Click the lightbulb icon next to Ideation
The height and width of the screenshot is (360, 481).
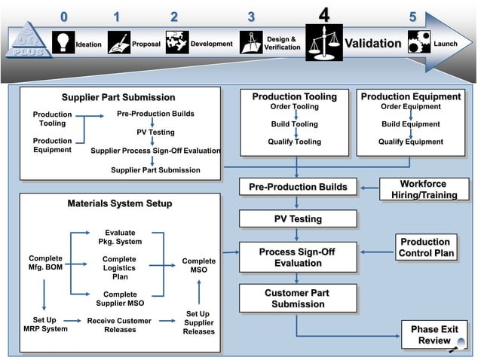(x=63, y=42)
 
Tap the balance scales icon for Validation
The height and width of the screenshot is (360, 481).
(x=324, y=42)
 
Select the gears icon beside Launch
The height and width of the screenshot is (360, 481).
(x=418, y=42)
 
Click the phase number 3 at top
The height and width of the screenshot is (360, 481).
(x=251, y=17)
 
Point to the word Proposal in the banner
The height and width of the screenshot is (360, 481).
(x=146, y=44)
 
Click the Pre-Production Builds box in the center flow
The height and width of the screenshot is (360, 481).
(x=298, y=187)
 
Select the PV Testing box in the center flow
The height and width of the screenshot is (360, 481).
(x=298, y=219)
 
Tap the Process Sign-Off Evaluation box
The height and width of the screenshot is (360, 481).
(x=298, y=258)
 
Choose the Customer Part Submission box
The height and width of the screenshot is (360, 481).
(x=298, y=298)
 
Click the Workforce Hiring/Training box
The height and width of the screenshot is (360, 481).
(x=424, y=189)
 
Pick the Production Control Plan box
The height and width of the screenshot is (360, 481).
(x=426, y=248)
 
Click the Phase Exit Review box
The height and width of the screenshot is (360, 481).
(x=434, y=335)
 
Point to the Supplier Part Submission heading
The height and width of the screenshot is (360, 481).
(x=118, y=97)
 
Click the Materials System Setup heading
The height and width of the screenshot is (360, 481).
(x=120, y=204)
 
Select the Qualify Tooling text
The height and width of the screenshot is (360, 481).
(x=295, y=142)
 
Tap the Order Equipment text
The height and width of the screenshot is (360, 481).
(x=410, y=107)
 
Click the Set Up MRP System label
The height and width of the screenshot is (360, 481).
(x=44, y=325)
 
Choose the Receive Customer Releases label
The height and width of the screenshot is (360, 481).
(x=119, y=325)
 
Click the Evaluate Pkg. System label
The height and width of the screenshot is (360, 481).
(x=120, y=237)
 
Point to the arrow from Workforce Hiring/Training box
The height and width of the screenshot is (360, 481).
(x=369, y=188)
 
